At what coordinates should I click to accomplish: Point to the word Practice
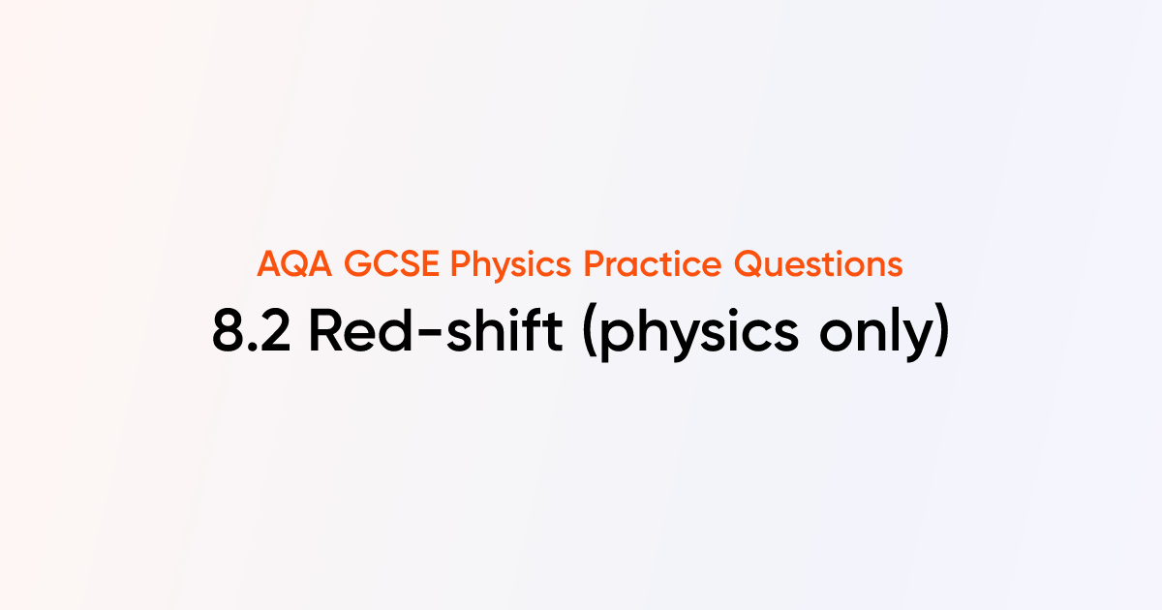[622, 263]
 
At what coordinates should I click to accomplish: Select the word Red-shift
[440, 332]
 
